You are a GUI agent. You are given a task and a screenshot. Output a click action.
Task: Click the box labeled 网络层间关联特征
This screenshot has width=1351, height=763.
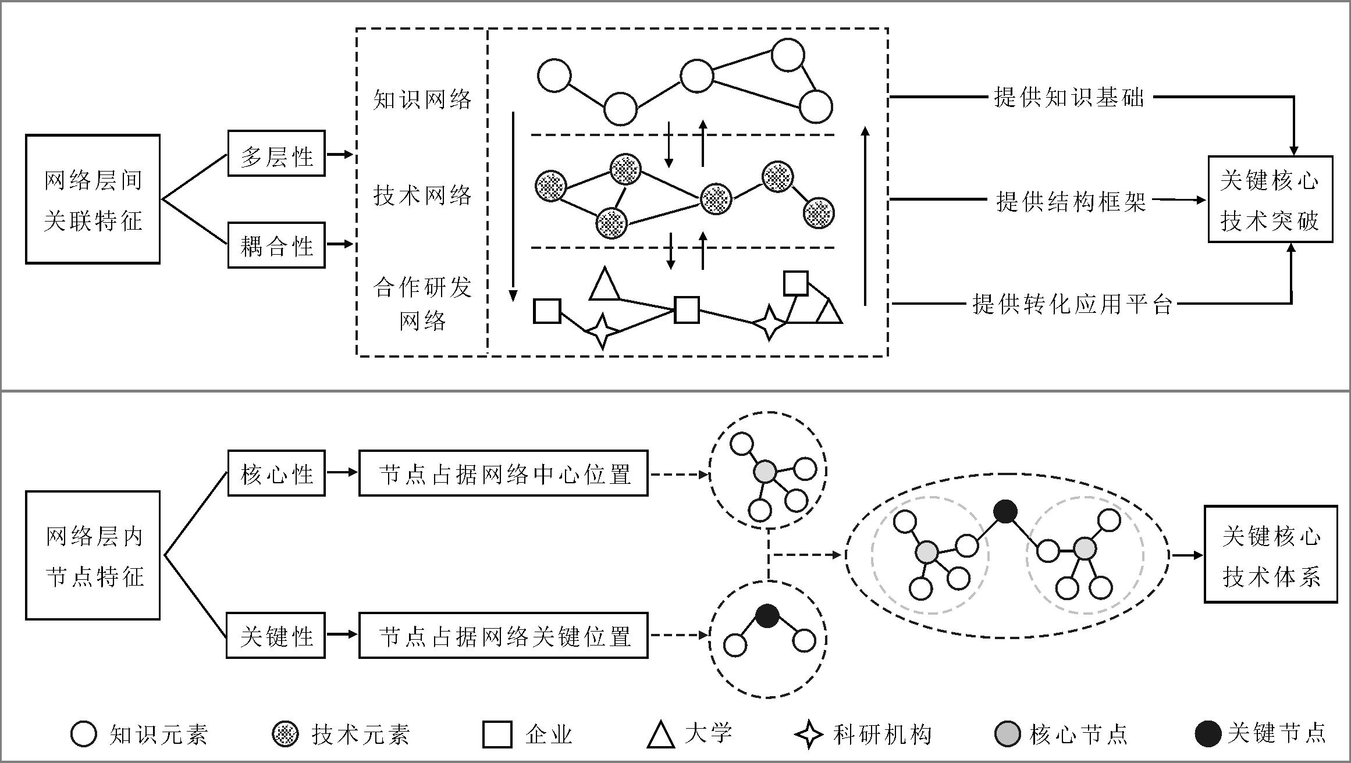[93, 199]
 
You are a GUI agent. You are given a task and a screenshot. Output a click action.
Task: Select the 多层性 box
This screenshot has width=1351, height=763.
[276, 154]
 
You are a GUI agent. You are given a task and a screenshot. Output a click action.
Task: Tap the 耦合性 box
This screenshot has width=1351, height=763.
[276, 245]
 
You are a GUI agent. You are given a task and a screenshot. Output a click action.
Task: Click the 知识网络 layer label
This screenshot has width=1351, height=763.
[422, 99]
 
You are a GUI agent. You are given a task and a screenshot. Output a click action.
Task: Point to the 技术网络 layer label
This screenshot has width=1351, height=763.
[422, 195]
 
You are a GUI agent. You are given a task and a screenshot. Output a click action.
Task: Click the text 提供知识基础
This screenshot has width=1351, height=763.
[1069, 98]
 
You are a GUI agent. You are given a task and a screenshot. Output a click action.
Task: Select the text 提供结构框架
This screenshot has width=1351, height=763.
[1071, 201]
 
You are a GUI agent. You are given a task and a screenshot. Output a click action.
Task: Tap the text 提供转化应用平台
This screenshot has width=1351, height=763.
[1072, 304]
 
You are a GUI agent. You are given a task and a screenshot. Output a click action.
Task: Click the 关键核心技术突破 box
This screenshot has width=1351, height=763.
[1270, 199]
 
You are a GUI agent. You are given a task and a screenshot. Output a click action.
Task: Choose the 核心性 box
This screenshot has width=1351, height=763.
[276, 473]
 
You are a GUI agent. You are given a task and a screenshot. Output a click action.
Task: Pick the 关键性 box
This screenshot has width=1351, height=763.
[276, 636]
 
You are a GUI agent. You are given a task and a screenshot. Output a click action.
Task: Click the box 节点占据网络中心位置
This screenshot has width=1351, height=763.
[503, 473]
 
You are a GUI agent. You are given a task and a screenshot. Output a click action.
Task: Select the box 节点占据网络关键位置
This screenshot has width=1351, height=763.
[503, 636]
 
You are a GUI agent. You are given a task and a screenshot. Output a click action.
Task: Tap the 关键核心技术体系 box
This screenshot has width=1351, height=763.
[1271, 555]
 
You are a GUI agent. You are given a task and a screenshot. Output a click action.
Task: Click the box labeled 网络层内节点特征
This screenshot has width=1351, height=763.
[93, 555]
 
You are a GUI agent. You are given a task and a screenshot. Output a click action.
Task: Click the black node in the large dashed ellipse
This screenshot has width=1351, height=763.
[1005, 512]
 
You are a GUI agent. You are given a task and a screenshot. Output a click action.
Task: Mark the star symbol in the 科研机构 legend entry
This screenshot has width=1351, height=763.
[809, 735]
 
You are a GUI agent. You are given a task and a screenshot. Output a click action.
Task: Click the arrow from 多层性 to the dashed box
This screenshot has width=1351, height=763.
[340, 155]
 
